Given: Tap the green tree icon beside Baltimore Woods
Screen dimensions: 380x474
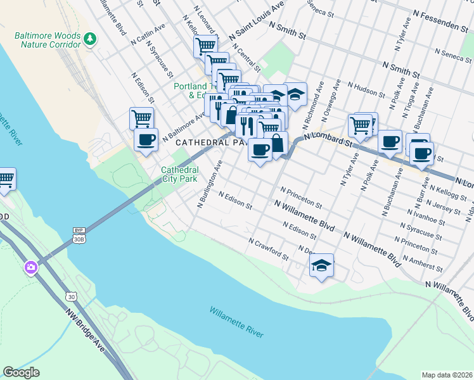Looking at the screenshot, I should (91, 39).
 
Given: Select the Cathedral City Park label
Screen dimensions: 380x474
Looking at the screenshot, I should (179, 174).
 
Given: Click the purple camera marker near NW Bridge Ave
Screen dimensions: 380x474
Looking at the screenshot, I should (30, 268).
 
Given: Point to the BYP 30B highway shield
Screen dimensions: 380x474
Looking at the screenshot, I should (79, 235).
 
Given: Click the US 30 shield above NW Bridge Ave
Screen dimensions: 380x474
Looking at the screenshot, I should (70, 296).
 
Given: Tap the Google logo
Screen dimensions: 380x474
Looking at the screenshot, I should (21, 372).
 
